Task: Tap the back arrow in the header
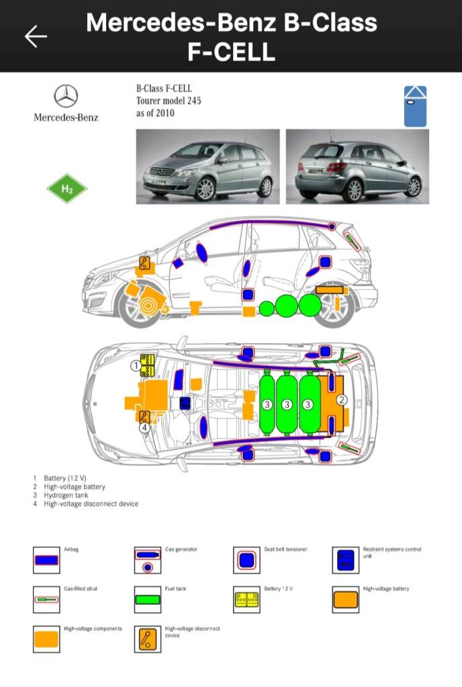[x=36, y=36]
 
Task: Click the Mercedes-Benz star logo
[x=66, y=97]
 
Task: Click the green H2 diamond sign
[x=67, y=189]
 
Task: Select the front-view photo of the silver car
[x=207, y=166]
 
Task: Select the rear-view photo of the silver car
[x=357, y=166]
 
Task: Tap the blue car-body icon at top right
[x=416, y=106]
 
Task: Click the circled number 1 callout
[x=135, y=366]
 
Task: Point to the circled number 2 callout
[x=341, y=400]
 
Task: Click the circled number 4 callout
[x=144, y=427]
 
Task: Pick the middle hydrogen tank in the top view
[x=287, y=404]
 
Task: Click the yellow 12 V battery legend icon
[x=246, y=599]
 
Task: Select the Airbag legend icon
[x=46, y=559]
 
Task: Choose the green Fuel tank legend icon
[x=147, y=599]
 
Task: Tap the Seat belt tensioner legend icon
[x=246, y=559]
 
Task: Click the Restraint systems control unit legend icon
[x=345, y=559]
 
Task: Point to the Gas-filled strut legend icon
[x=46, y=599]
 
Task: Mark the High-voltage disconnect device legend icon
[x=147, y=639]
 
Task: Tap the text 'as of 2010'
[x=155, y=113]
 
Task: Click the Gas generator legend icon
[x=147, y=559]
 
